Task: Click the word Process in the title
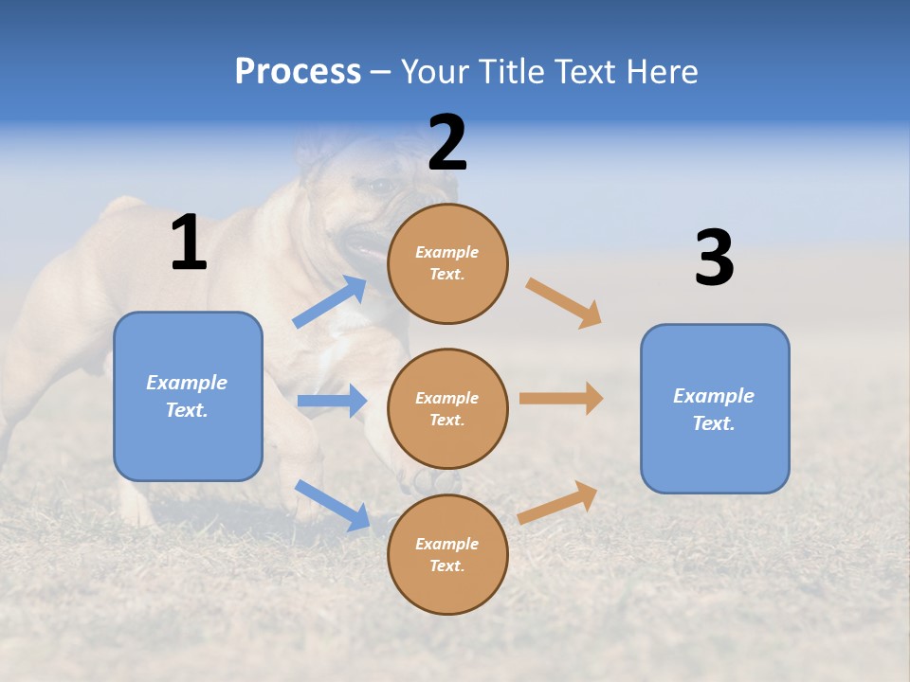[x=298, y=72]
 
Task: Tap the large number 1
[x=189, y=243]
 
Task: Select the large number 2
[x=447, y=143]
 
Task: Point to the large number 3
[x=714, y=259]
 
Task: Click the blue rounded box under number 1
[x=188, y=396]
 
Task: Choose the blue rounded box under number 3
[x=715, y=409]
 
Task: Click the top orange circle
[x=447, y=263]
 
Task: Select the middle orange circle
[x=447, y=409]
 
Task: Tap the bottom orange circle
[x=447, y=555]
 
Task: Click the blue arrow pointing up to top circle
[x=330, y=302]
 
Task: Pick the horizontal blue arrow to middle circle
[x=332, y=401]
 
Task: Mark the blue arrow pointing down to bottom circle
[x=332, y=505]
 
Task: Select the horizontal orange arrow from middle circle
[x=561, y=399]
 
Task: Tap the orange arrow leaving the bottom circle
[x=558, y=503]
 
